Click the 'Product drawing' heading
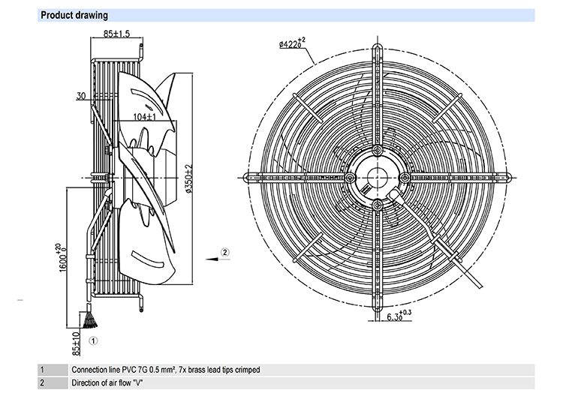(x=74, y=15)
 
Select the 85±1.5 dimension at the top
(x=116, y=34)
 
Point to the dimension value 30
(x=81, y=96)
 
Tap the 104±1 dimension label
(x=145, y=117)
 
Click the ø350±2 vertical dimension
(x=189, y=178)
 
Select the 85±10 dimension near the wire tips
(x=76, y=343)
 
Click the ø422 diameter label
(x=292, y=43)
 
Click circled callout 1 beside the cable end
(x=93, y=340)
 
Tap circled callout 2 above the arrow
(x=224, y=252)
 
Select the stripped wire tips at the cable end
(x=90, y=320)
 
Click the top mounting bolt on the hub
(x=377, y=150)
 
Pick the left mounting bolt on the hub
(x=350, y=178)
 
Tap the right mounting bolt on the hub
(x=405, y=178)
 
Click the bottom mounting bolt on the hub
(x=377, y=205)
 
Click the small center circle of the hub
(x=377, y=178)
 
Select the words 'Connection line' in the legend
(x=92, y=370)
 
